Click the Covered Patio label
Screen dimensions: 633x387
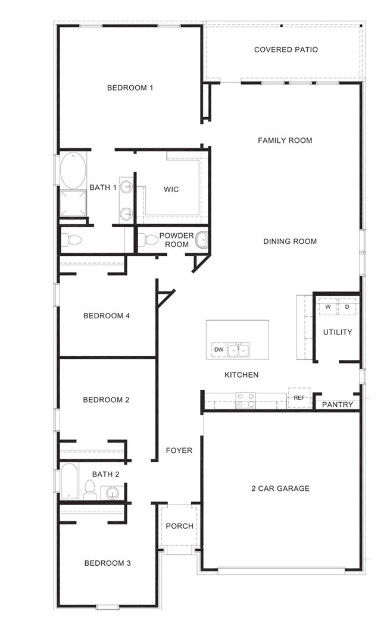[286, 50]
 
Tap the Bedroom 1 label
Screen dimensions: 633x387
[130, 88]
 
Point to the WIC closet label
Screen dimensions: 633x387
[171, 190]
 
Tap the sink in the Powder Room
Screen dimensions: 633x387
[201, 240]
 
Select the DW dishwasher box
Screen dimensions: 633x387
[219, 350]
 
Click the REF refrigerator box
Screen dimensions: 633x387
[299, 397]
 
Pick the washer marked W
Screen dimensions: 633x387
[327, 307]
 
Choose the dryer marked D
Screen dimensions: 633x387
[347, 307]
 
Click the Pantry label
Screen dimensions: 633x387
[338, 405]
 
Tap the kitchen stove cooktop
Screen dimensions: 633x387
[245, 400]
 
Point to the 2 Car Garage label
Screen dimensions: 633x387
[280, 488]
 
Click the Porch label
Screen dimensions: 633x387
[179, 526]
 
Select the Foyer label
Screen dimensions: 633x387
[179, 450]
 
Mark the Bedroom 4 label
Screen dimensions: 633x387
[107, 316]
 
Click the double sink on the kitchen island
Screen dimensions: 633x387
[238, 350]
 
